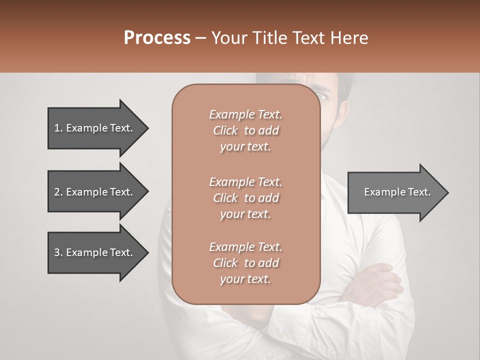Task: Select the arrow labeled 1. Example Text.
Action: [95, 128]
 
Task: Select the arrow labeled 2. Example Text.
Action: [95, 192]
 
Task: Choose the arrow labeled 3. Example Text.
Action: [95, 252]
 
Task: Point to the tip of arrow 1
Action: [147, 128]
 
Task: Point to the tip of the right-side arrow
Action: [447, 192]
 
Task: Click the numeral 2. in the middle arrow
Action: [58, 192]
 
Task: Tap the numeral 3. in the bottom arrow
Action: [58, 252]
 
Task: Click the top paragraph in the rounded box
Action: [245, 130]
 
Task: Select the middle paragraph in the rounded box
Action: [245, 198]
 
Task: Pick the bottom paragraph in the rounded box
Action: [245, 263]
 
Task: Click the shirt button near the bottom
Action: [284, 334]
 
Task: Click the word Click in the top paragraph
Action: [225, 130]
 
